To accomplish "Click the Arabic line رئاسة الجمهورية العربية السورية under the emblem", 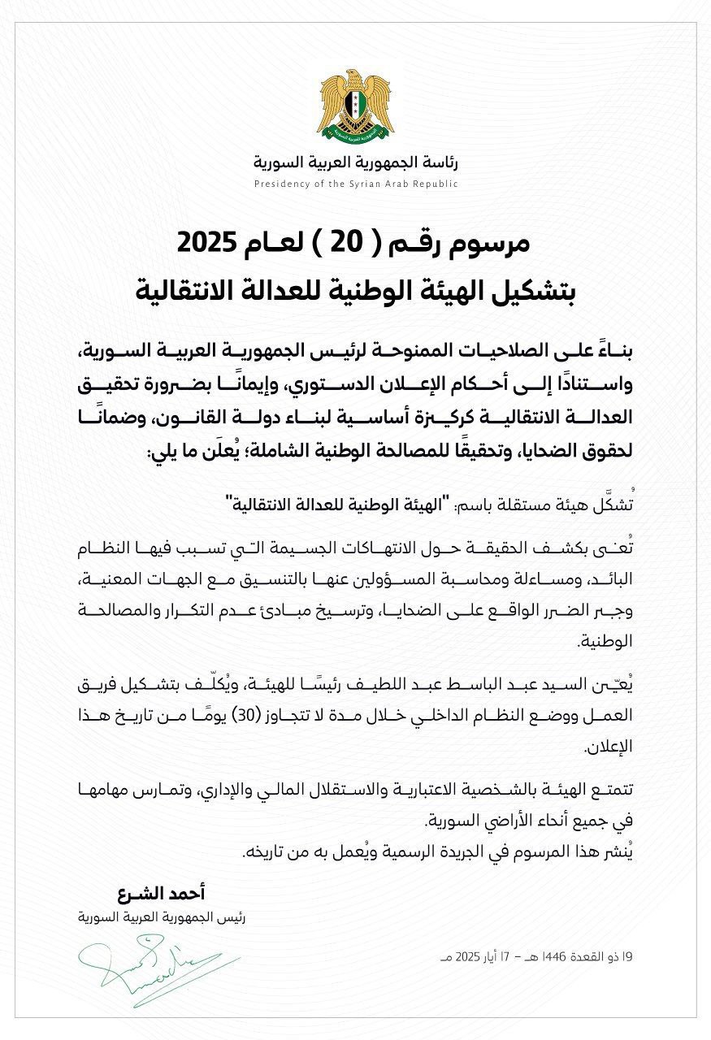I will (355, 162).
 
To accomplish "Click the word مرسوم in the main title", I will (496, 243).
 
